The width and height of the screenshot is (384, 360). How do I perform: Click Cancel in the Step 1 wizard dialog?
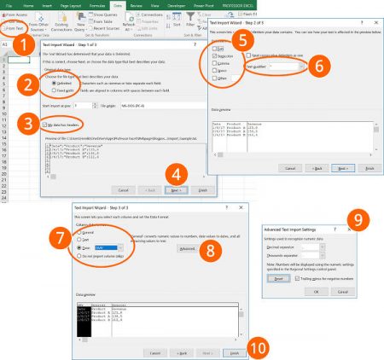pos(123,189)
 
